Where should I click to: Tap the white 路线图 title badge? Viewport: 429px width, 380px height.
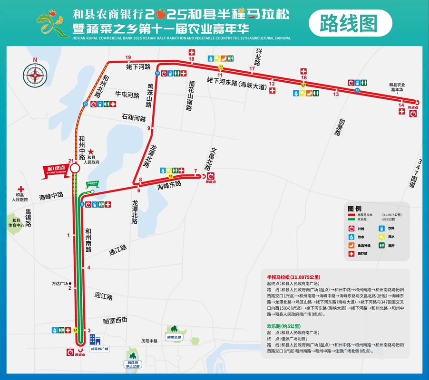click(350, 22)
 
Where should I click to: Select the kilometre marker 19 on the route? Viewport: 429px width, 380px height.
click(128, 58)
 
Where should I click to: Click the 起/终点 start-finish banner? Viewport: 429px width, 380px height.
click(55, 170)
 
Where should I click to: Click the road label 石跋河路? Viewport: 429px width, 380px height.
click(134, 117)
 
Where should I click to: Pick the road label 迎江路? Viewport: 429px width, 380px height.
click(103, 297)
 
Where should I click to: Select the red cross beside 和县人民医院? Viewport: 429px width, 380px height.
click(21, 189)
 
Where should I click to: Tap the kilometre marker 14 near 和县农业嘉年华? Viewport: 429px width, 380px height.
click(401, 105)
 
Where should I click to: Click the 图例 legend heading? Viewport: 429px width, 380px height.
click(354, 209)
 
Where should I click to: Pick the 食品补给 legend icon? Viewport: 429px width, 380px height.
click(351, 245)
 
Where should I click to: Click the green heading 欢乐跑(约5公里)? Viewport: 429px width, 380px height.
click(283, 326)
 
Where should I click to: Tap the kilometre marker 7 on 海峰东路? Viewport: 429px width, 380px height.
click(195, 171)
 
